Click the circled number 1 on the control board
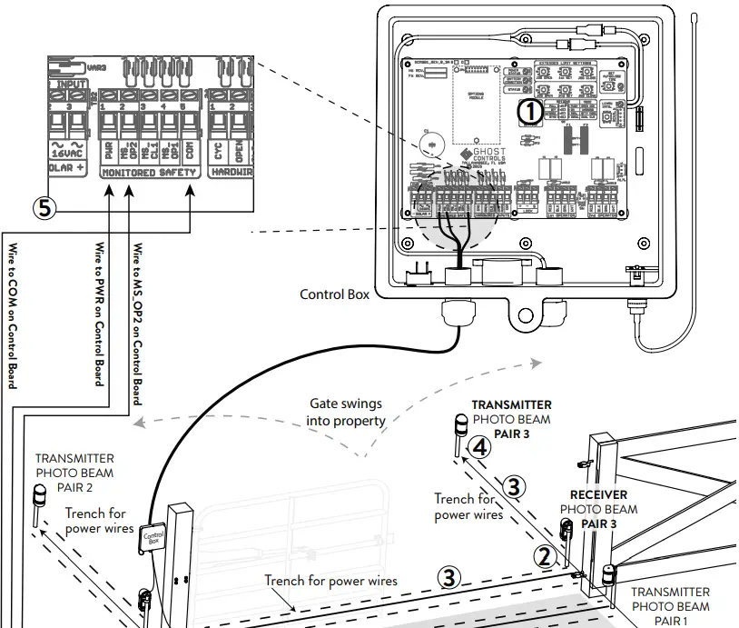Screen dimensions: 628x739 click(528, 114)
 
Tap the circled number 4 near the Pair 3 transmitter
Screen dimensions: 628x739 click(481, 447)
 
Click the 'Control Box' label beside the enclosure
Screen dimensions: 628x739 click(334, 294)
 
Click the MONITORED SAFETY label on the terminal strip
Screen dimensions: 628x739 click(149, 172)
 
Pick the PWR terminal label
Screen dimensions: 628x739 click(108, 147)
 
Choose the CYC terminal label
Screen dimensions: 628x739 click(218, 147)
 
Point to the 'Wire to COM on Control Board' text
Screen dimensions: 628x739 click(13, 314)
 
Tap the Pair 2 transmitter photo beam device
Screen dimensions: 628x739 click(39, 499)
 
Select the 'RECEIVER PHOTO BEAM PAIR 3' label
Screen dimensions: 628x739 click(598, 510)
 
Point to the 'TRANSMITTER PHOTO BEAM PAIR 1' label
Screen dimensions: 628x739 click(670, 606)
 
